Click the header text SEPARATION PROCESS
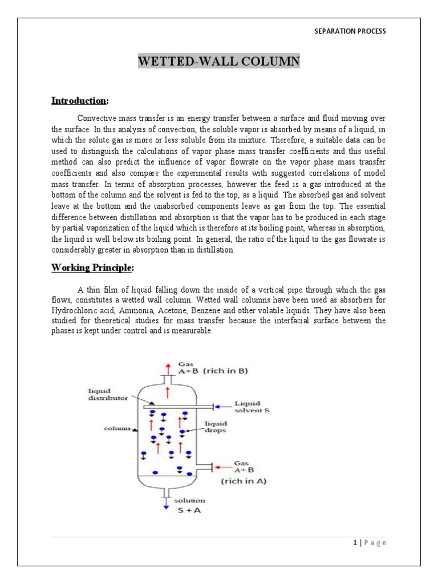pyautogui.click(x=350, y=31)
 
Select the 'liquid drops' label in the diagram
pyautogui.click(x=216, y=427)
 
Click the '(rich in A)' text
pyautogui.click(x=244, y=481)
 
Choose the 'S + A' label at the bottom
pyautogui.click(x=194, y=510)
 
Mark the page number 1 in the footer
pyautogui.click(x=355, y=542)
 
